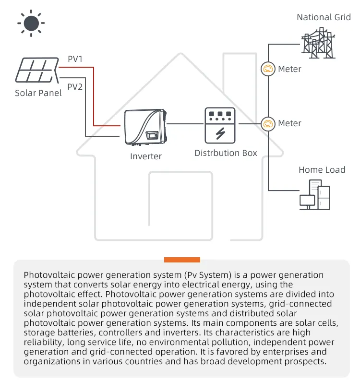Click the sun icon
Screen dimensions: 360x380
point(31,23)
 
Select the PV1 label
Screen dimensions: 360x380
point(75,59)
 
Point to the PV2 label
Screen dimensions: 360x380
point(75,87)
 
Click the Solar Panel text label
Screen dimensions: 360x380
point(38,93)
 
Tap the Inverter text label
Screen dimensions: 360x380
point(146,156)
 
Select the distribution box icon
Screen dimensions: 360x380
point(220,124)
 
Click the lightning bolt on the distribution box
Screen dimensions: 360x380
point(220,132)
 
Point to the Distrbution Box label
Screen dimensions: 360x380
point(226,154)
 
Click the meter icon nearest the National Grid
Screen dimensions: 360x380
point(268,69)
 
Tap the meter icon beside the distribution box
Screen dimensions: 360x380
point(268,124)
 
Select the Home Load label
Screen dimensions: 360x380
point(322,170)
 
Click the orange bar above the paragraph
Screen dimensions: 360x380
point(182,260)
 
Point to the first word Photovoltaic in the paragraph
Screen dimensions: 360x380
point(46,275)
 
